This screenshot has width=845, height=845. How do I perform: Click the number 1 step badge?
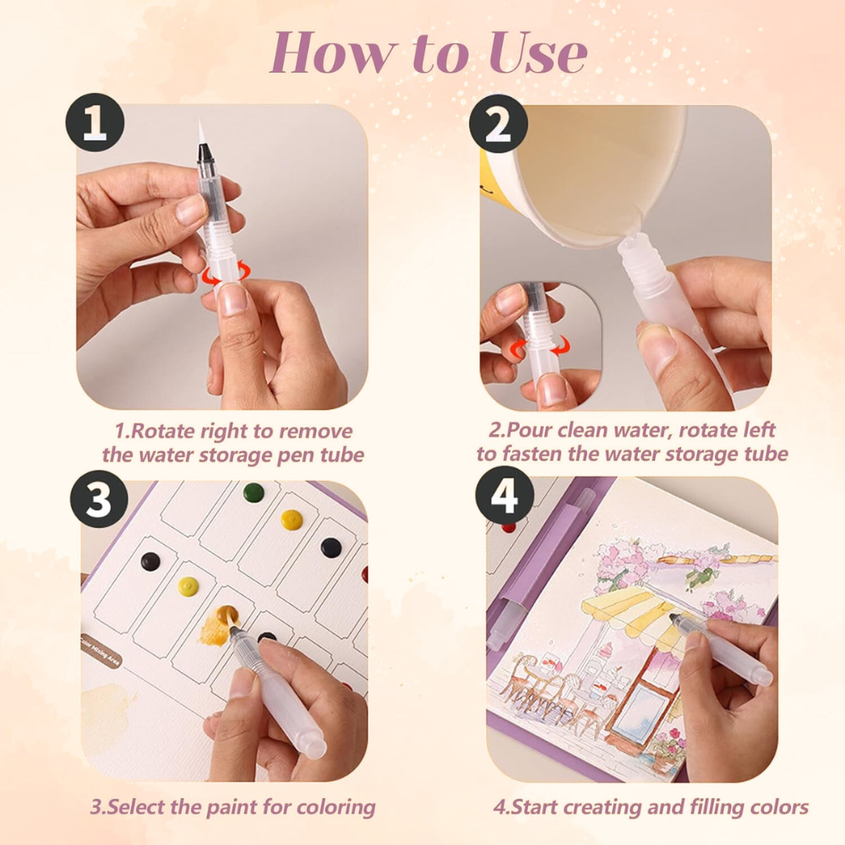tap(95, 123)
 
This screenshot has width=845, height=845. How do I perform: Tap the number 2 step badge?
tap(498, 124)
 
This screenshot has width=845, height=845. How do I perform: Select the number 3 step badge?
tap(99, 499)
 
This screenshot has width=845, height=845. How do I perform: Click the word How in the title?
tap(332, 52)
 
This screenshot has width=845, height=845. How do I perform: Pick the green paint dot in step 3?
tap(253, 493)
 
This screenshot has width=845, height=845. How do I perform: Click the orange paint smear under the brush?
tap(218, 625)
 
